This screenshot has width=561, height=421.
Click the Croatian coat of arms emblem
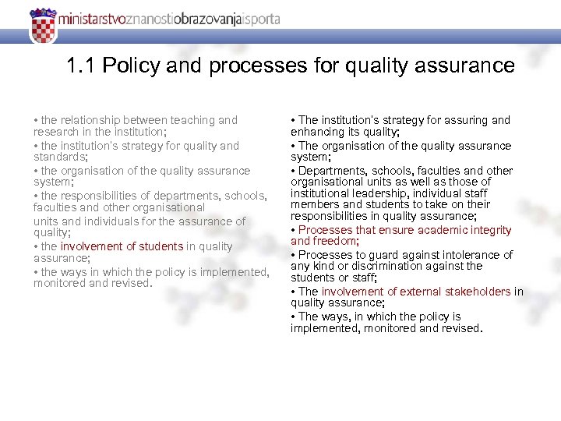click(43, 26)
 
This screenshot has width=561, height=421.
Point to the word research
click(55, 132)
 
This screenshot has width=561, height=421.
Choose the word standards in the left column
click(57, 157)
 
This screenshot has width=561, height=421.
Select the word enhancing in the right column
click(316, 133)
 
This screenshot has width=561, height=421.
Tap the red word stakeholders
click(477, 292)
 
